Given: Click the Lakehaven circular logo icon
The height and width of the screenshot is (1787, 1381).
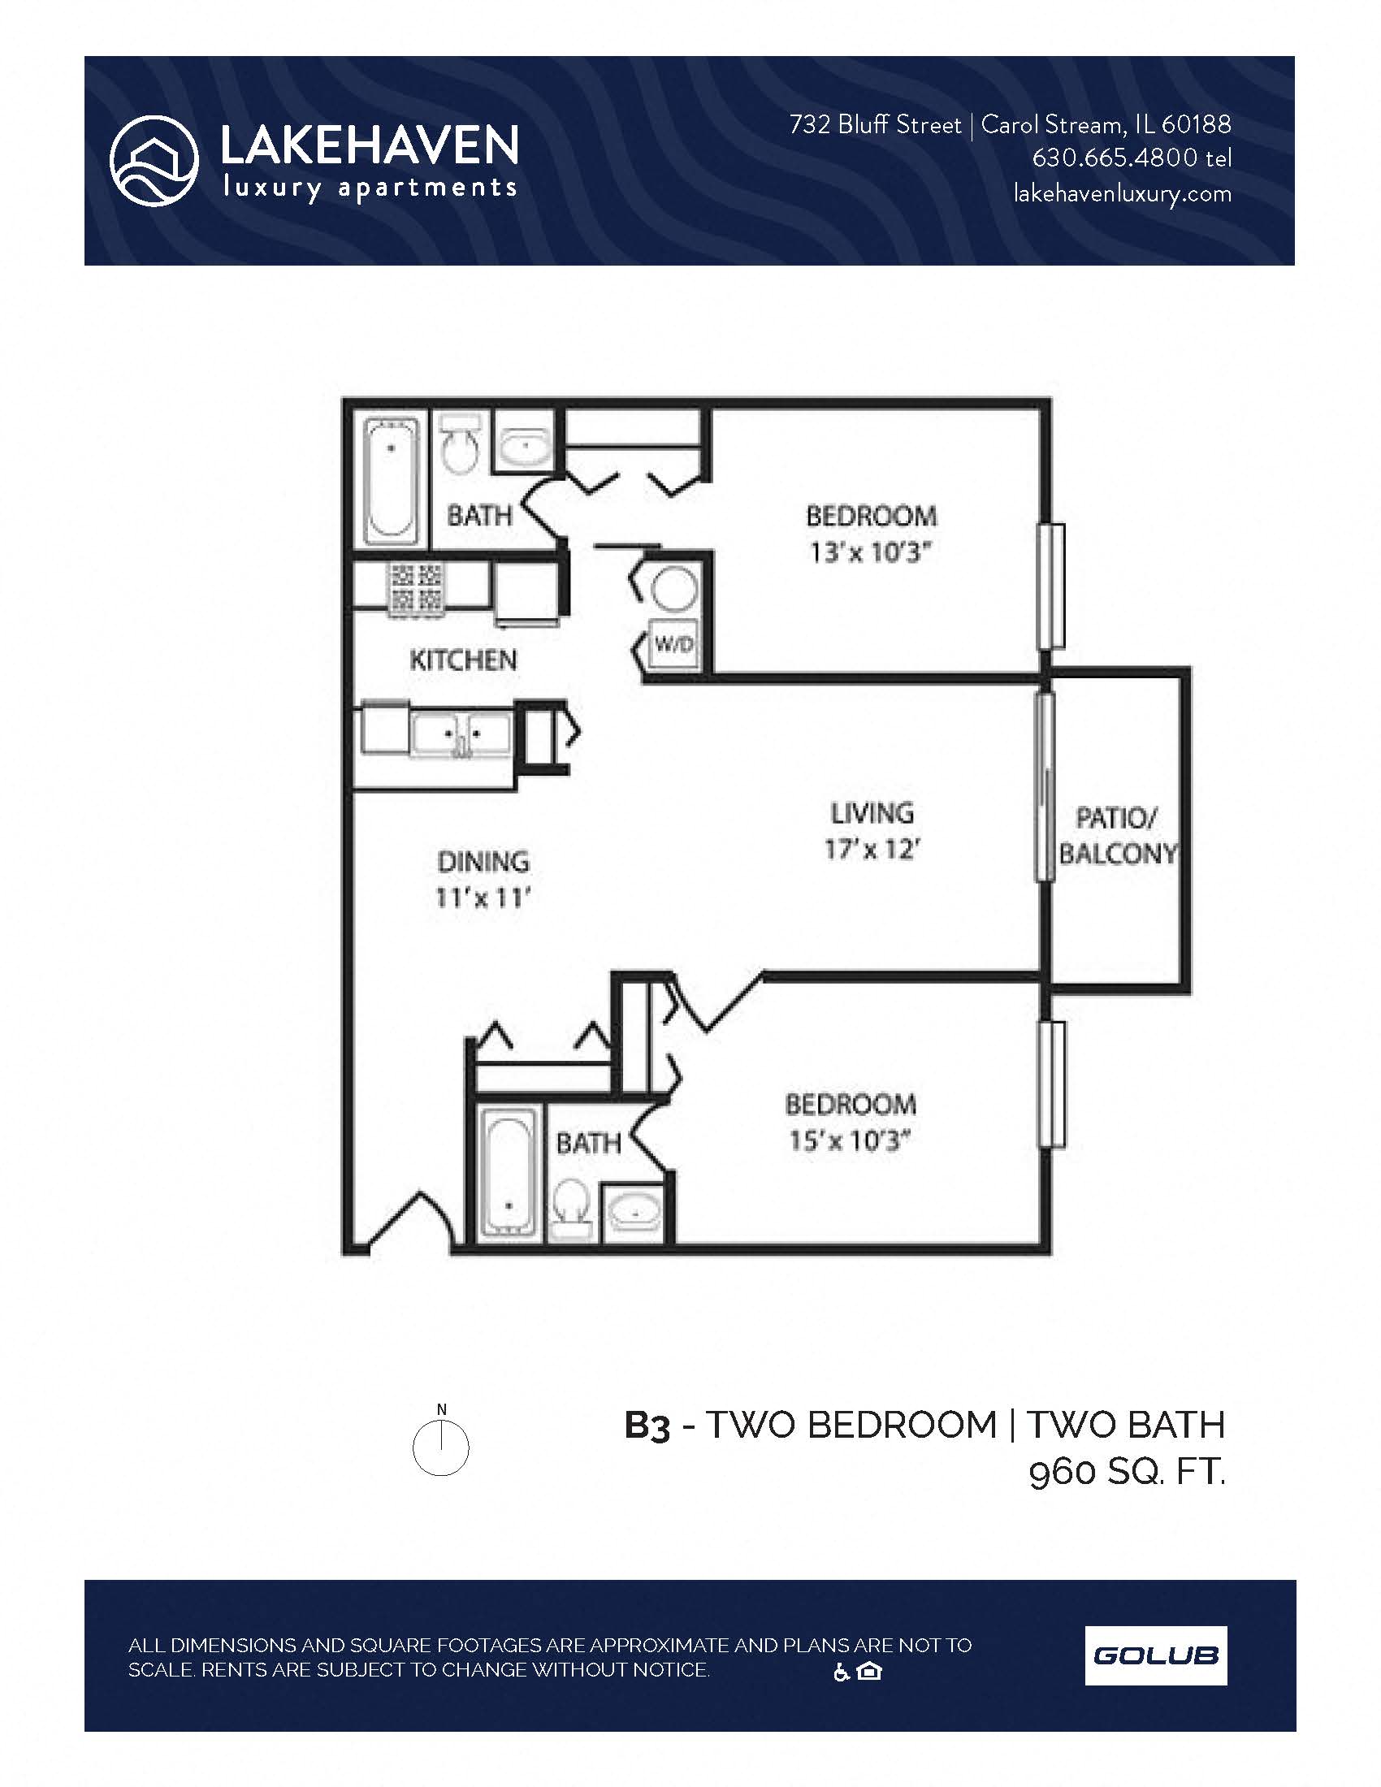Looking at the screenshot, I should tap(154, 161).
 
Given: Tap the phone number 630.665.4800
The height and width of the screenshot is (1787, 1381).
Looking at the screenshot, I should tap(1115, 158).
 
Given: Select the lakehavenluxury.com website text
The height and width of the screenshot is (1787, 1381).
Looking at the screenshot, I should tap(1122, 194).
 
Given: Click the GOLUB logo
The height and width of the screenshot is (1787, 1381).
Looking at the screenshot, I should tap(1155, 1655).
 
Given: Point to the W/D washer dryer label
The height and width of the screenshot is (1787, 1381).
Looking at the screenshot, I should tap(674, 645).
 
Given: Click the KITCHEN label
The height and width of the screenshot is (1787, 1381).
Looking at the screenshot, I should tap(463, 660).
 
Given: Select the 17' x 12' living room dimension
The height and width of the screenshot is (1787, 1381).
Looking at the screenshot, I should tap(872, 850).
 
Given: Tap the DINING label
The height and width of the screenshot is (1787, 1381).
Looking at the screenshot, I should tap(483, 862).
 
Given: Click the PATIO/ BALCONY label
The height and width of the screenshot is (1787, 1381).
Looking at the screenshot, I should tap(1117, 835).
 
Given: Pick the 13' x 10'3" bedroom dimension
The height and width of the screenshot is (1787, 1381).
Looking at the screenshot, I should tap(871, 553).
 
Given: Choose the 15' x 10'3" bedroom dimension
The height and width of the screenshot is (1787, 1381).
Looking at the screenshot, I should tap(849, 1140).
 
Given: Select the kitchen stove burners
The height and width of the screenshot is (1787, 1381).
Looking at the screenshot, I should tap(418, 588).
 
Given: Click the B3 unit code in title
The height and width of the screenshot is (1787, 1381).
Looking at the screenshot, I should tap(647, 1426).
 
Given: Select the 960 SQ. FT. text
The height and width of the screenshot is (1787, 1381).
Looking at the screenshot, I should tap(1127, 1473).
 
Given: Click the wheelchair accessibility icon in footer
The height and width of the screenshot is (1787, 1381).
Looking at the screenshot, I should tap(841, 1672).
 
